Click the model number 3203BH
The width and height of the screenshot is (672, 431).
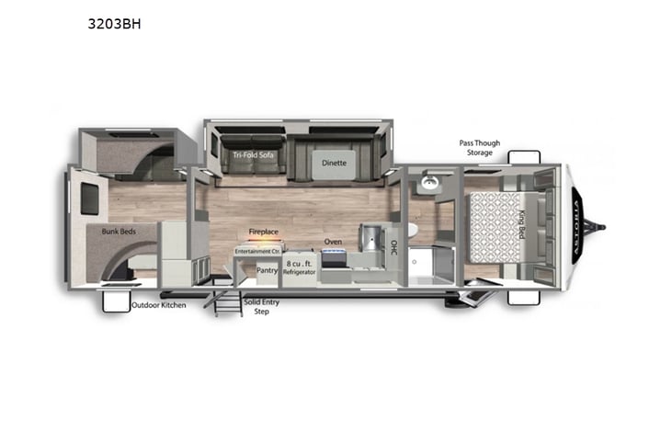[x=109, y=24]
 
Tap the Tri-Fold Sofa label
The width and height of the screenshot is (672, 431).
[x=253, y=155]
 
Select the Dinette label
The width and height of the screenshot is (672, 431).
[x=334, y=163]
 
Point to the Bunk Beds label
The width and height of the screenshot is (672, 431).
[x=119, y=232]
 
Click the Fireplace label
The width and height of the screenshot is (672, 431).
[x=263, y=233]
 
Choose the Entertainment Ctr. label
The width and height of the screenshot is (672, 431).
[x=256, y=250]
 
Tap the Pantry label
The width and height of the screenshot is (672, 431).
[x=267, y=270]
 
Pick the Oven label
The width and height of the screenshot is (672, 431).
[x=333, y=243]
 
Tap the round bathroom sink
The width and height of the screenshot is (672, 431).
[x=427, y=185]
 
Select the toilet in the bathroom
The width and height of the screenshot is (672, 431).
[x=414, y=229]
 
